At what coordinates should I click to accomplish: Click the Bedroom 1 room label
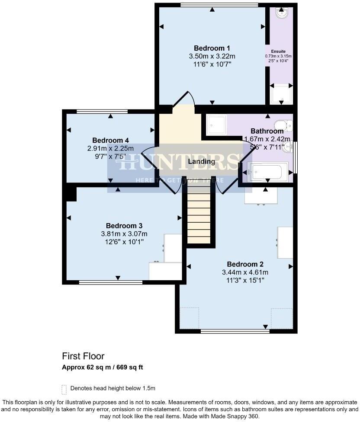tap(212, 48)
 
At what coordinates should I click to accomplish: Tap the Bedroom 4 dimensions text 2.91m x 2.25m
tap(111, 148)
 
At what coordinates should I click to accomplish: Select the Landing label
tap(202, 161)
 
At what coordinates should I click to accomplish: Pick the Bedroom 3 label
tap(124, 226)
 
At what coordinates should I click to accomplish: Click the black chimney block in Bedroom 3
tap(71, 193)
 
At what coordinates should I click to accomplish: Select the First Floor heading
tap(83, 356)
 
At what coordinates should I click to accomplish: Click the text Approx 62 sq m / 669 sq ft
tap(102, 368)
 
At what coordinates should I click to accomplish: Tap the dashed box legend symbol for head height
tap(64, 389)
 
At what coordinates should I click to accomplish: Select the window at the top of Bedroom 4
tap(102, 112)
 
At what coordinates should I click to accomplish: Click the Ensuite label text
tap(278, 51)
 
